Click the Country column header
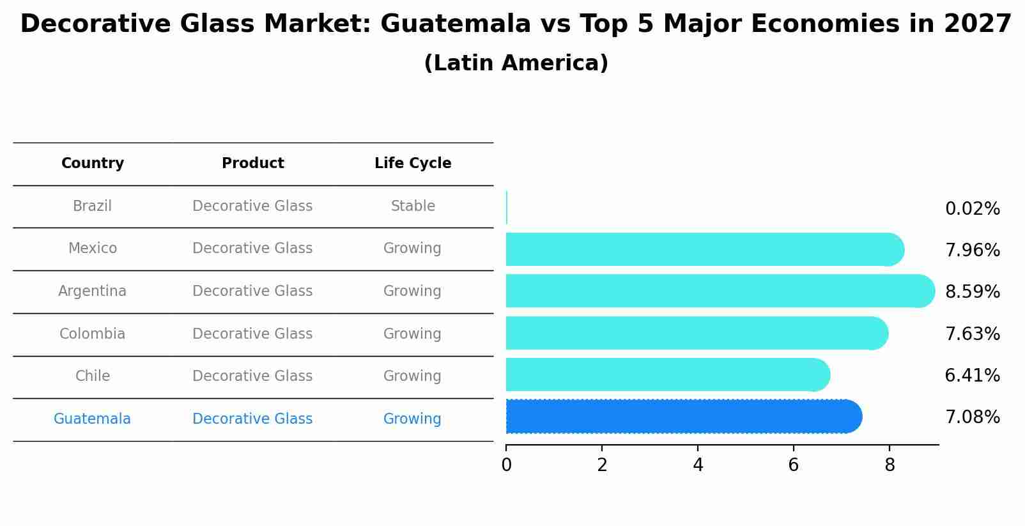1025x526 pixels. click(x=93, y=164)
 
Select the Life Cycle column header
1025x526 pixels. click(x=413, y=164)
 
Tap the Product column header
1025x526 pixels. click(x=252, y=164)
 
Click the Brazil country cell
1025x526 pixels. click(x=92, y=206)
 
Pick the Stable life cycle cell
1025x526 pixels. click(x=413, y=206)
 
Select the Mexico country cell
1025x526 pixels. click(x=93, y=249)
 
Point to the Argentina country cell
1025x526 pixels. click(x=92, y=291)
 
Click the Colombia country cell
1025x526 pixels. click(x=92, y=334)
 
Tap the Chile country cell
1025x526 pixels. click(x=93, y=376)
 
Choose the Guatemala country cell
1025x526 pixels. click(x=92, y=419)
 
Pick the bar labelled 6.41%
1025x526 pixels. click(x=665, y=375)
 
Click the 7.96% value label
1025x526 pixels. click(x=972, y=251)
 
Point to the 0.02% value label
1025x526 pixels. click(x=972, y=209)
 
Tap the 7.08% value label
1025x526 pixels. click(x=972, y=417)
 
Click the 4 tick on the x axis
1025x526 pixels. click(x=698, y=465)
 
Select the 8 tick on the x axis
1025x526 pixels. click(x=890, y=465)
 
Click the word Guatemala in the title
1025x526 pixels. click(x=455, y=24)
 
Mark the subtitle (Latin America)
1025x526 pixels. click(x=516, y=63)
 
